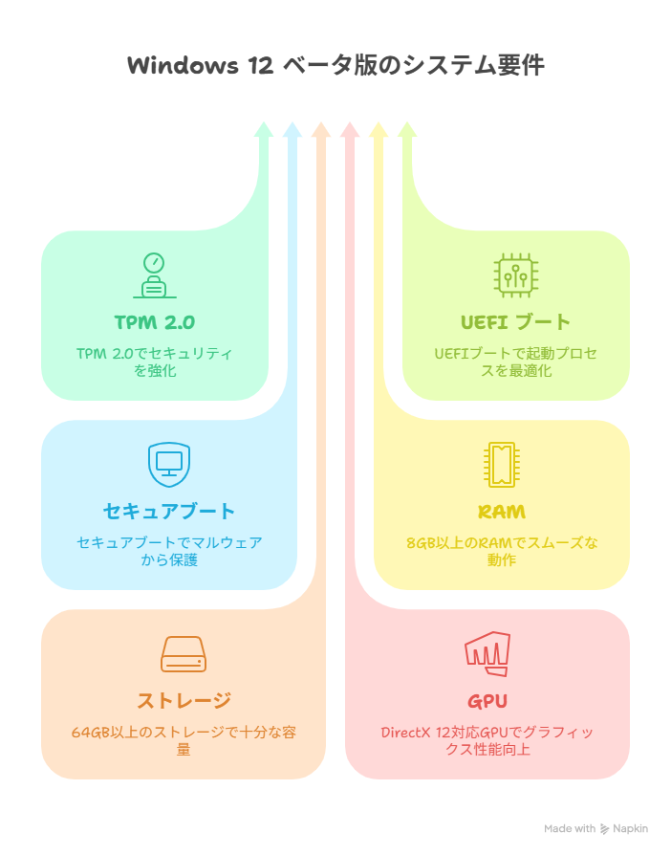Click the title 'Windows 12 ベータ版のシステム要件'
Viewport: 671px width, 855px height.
335,65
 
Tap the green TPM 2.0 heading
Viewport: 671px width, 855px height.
155,322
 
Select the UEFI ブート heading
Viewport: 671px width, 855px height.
515,322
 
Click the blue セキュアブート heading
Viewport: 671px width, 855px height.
169,512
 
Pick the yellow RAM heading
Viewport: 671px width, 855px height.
502,512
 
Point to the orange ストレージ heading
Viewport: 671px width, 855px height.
184,701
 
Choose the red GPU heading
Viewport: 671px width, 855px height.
487,701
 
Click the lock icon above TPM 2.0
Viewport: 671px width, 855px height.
155,275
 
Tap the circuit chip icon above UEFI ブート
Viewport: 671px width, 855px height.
515,275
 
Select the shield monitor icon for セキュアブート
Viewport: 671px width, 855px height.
169,465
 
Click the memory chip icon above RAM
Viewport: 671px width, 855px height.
502,465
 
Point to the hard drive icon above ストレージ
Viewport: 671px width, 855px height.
184,654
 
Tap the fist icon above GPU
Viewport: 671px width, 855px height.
487,654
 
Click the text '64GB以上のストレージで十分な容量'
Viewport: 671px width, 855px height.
184,740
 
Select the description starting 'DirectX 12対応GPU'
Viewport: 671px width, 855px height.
487,740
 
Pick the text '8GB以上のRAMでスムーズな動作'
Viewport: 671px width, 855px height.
502,551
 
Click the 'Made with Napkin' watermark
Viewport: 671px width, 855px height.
595,829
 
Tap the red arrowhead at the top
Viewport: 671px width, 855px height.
350,130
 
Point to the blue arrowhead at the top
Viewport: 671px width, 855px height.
292,130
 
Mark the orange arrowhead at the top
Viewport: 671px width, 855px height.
321,130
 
